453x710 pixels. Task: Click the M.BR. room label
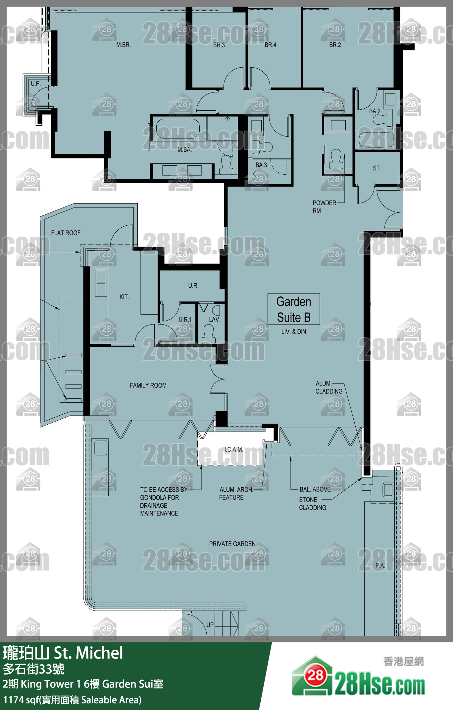point(124,45)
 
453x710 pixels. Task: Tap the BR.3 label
point(219,45)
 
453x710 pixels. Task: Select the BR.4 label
point(270,45)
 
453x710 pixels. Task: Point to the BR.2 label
point(335,45)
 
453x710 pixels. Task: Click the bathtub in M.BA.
point(178,129)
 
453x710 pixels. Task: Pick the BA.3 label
point(261,165)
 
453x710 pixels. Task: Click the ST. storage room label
point(377,168)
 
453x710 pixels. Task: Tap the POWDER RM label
point(324,207)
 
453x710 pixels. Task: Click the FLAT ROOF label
point(66,233)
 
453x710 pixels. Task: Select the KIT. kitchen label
point(124,297)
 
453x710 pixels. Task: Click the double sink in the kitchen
point(101,283)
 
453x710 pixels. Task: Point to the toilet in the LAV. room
point(208,333)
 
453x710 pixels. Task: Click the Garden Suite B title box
point(294,309)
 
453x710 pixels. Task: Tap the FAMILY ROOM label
point(148,385)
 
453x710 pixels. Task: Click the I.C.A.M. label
point(234,450)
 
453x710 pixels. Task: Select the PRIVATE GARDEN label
point(232,544)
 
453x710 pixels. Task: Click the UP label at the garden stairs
point(210,625)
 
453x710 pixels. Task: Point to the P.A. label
point(380,566)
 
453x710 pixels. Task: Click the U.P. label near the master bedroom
point(36,84)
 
